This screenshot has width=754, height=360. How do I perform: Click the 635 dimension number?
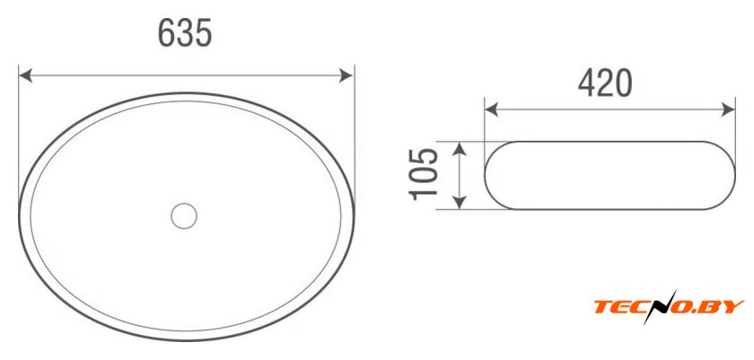(185, 33)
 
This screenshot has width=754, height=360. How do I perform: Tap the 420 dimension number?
(605, 83)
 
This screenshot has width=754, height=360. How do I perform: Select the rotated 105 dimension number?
(423, 174)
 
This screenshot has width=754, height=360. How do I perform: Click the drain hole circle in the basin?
(184, 215)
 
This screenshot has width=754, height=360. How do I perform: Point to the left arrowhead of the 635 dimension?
(25, 75)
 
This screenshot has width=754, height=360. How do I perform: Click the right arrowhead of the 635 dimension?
(346, 75)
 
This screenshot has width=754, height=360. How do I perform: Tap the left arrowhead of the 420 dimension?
(492, 110)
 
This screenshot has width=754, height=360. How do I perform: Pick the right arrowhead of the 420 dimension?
(728, 110)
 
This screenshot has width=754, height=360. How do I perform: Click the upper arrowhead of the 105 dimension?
(460, 148)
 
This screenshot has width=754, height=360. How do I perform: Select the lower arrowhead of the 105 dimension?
(460, 203)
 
